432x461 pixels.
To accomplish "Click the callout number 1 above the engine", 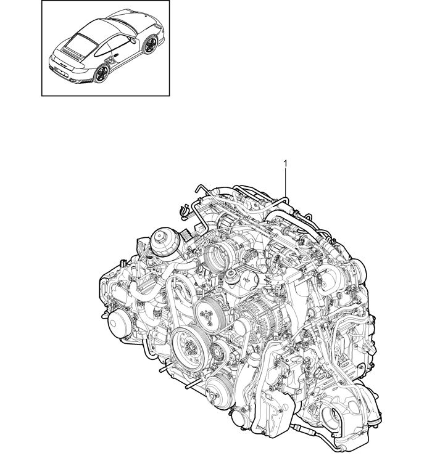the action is [x=285, y=163].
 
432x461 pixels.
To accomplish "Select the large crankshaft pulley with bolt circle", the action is [x=188, y=344].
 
